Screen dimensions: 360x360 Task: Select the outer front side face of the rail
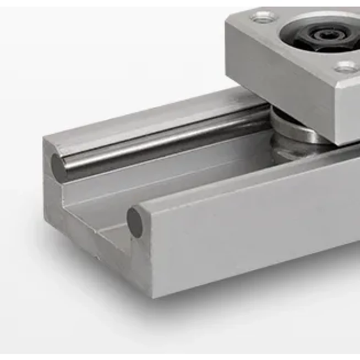tap(248, 231)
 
